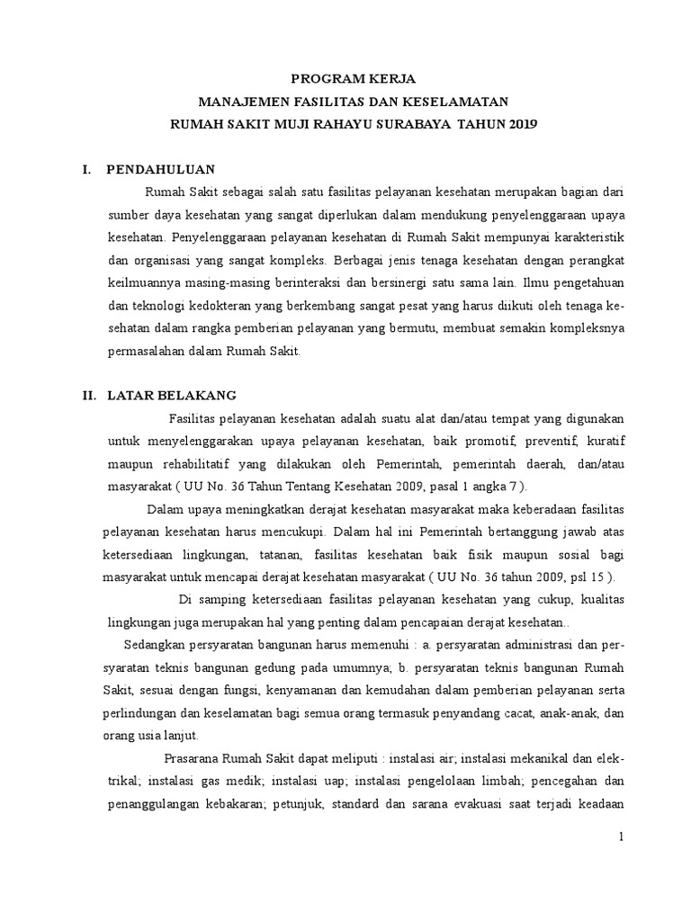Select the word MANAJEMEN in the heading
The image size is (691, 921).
point(243,101)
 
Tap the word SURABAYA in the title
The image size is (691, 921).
point(410,123)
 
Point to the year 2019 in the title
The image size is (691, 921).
point(520,123)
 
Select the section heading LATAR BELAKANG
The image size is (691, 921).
point(172,395)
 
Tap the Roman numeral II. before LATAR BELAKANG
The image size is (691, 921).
point(89,395)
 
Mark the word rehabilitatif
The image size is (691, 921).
point(185,464)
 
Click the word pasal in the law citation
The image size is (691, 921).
point(463,487)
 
